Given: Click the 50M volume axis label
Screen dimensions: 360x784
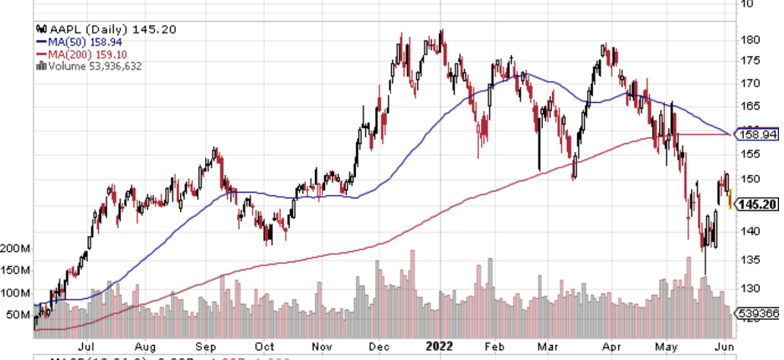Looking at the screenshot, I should (x=18, y=315).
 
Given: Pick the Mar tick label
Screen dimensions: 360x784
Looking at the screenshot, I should (x=549, y=344).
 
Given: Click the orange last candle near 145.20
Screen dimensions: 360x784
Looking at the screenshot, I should (x=731, y=200).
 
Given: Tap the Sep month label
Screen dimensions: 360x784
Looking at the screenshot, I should (x=206, y=344).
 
